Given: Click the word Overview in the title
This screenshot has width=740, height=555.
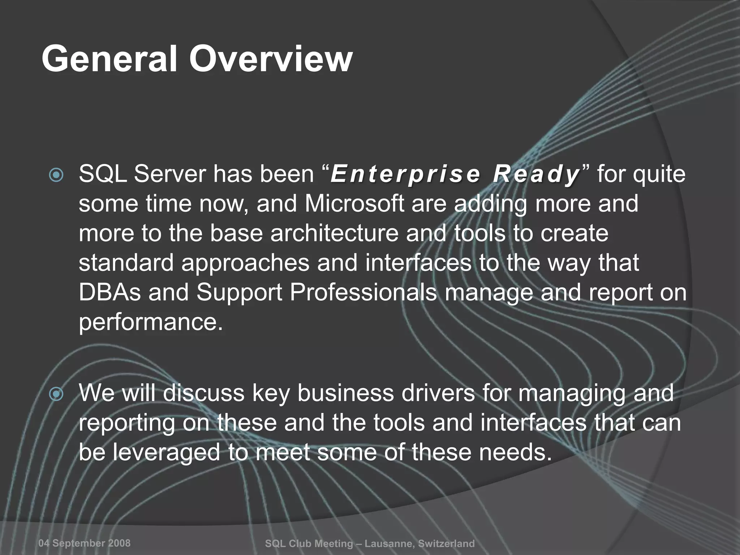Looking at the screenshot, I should coord(271,59).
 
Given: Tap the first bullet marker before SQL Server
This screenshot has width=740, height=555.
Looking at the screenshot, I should coord(56,176).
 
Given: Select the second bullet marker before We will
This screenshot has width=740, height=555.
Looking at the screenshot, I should coord(56,394).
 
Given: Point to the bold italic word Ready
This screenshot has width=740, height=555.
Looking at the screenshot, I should coord(537,174).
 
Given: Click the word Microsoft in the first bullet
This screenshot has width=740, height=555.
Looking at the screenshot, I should coord(354,203).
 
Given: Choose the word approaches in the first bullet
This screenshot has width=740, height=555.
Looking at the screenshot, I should coord(245,263).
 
